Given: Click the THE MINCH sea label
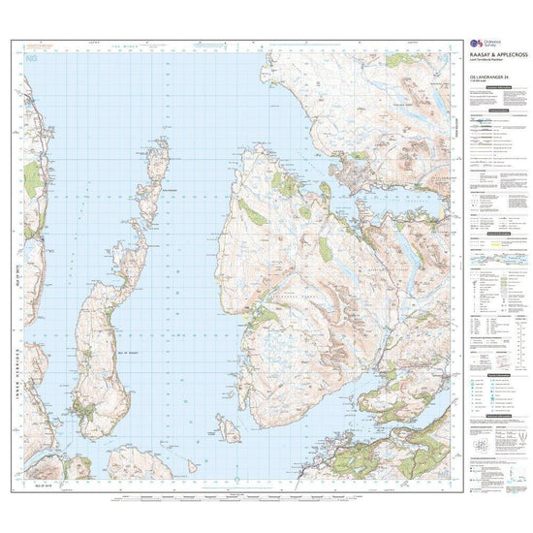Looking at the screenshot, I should [x=129, y=45].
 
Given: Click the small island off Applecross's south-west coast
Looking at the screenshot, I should [x=230, y=426].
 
